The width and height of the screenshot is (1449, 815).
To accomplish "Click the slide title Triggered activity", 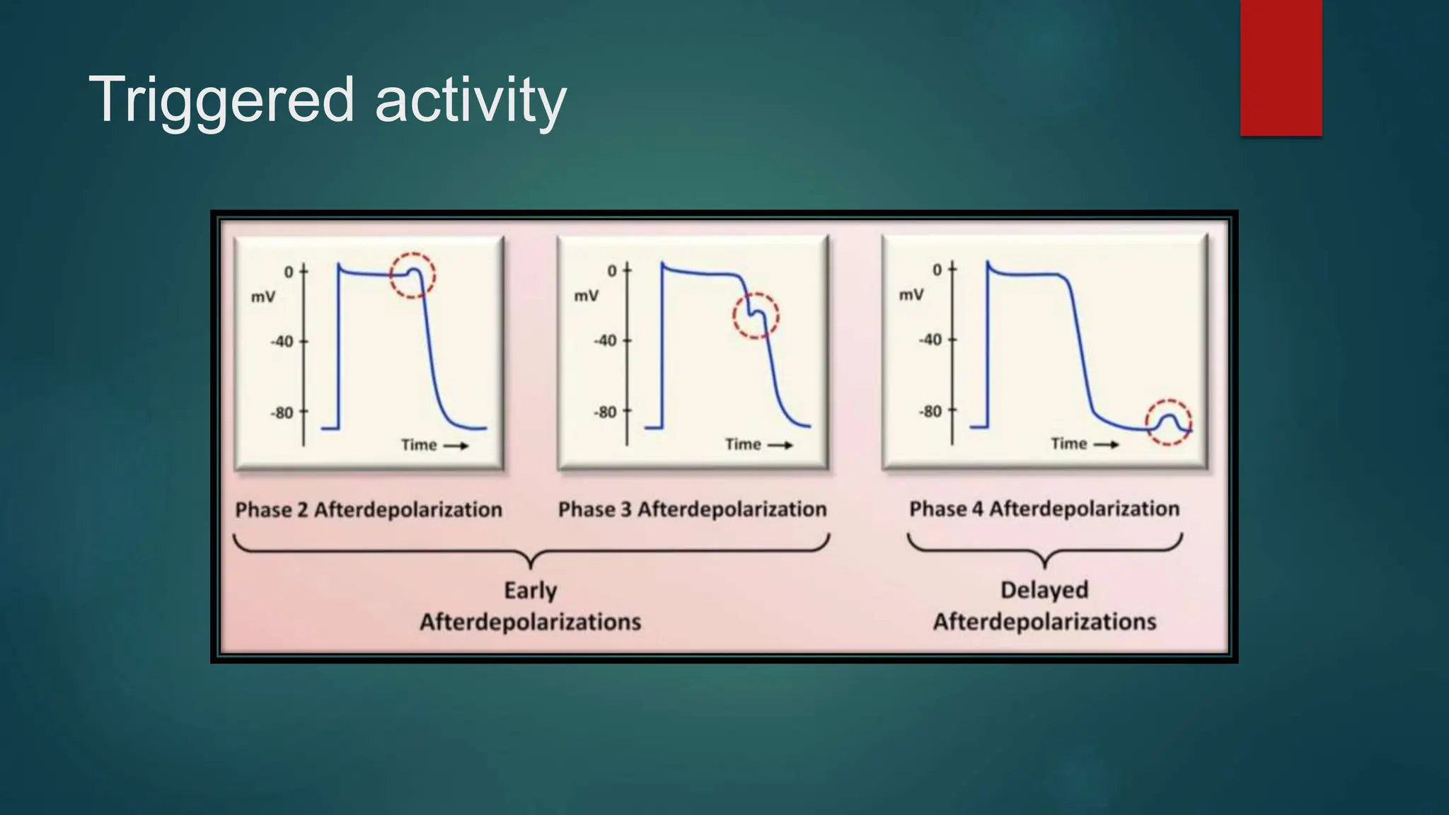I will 327,100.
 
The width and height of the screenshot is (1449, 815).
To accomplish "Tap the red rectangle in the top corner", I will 1281,67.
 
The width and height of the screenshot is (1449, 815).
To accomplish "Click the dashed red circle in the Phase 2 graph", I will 412,275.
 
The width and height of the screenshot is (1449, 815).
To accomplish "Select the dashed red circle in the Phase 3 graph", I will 756,316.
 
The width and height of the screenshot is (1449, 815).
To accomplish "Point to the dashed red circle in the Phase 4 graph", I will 1169,422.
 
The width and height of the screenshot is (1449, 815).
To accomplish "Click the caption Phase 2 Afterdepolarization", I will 369,509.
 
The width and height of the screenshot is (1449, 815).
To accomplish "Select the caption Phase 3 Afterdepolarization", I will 692,509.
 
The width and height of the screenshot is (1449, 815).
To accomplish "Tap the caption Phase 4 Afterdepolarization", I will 1044,509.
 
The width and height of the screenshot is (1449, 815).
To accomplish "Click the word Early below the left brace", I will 531,590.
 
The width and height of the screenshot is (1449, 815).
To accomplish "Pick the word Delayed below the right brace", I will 1044,589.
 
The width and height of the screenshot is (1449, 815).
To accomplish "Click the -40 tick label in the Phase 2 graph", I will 282,342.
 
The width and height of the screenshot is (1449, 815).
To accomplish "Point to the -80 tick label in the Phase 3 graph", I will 605,412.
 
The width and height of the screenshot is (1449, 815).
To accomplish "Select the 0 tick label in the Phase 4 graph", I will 937,270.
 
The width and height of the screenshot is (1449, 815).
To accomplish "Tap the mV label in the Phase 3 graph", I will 586,296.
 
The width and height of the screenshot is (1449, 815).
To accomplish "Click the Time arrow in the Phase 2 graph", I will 456,446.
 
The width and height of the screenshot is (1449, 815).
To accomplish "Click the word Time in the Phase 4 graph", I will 1068,444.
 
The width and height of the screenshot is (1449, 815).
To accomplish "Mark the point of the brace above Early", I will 531,564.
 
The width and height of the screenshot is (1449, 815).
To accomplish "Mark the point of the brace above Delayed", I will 1045,564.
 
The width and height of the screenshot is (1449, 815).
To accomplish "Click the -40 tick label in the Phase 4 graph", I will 930,340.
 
